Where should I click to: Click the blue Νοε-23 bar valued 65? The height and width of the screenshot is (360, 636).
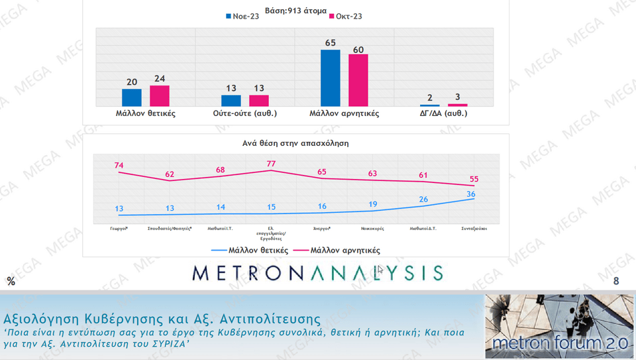[330, 78]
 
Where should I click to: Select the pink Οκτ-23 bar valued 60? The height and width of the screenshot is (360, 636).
[358, 80]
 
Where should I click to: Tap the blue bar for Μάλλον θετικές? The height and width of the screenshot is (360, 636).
[132, 97]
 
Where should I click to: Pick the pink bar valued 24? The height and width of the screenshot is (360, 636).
[160, 95]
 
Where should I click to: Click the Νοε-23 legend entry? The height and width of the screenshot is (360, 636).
[242, 16]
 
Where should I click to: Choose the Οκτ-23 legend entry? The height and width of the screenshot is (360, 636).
[344, 16]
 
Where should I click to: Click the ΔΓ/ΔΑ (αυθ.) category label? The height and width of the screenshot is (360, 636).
[443, 113]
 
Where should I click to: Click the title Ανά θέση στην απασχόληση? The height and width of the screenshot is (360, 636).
[295, 143]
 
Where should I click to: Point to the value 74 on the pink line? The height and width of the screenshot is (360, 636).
[119, 165]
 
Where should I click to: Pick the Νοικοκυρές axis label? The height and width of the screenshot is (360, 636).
[373, 227]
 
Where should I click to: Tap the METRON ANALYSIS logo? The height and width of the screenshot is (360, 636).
[318, 272]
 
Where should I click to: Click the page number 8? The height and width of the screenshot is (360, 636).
[616, 282]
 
